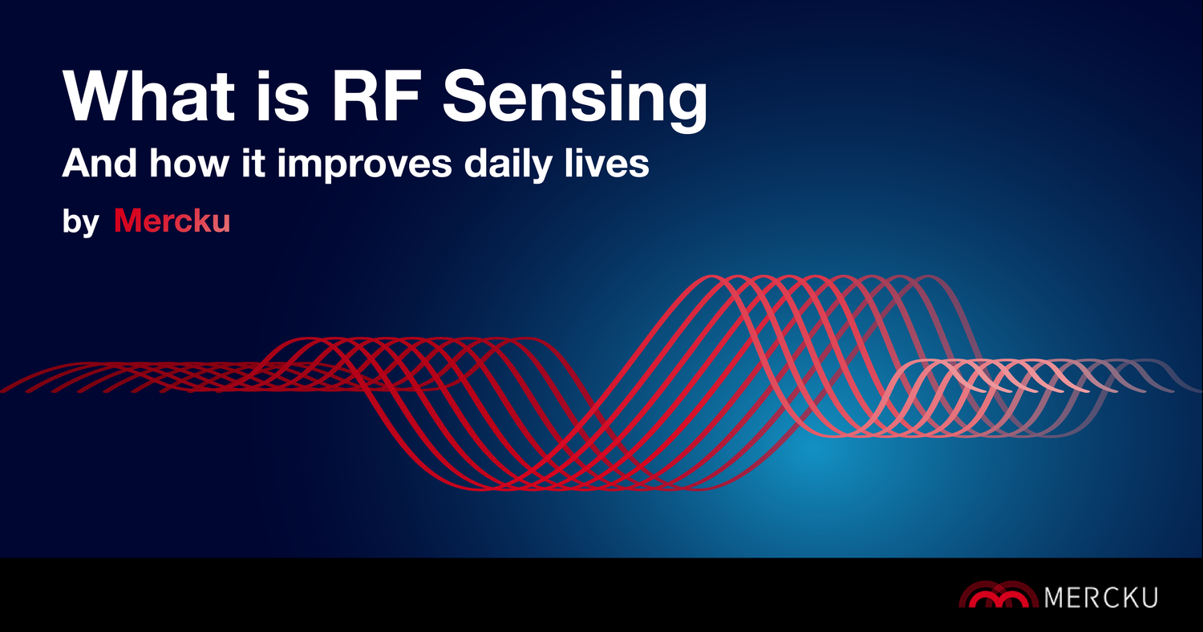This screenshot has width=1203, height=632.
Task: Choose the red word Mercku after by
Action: click(x=172, y=221)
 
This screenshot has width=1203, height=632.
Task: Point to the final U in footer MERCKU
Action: click(x=1148, y=597)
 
